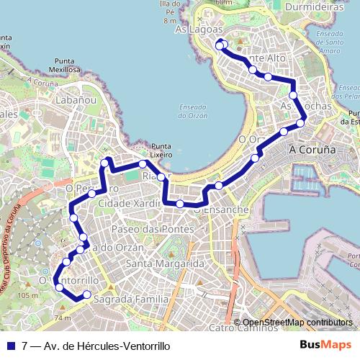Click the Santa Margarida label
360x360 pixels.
coord(165,264)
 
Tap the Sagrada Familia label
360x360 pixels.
coord(132,298)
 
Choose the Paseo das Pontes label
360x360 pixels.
coord(153,228)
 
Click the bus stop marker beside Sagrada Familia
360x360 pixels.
coord(87,294)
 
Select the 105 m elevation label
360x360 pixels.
coord(28,295)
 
